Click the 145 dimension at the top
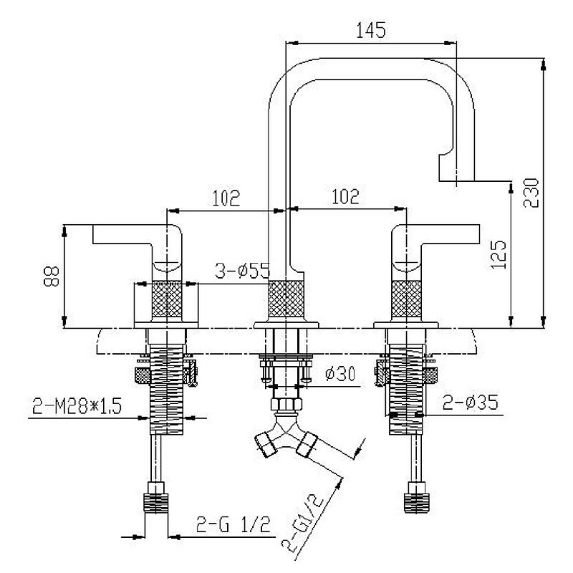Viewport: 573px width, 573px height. click(371, 30)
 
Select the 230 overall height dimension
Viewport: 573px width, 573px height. click(531, 192)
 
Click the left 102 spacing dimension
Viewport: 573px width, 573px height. click(226, 196)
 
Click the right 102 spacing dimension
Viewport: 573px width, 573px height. click(345, 196)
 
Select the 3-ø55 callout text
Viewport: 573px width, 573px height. click(241, 271)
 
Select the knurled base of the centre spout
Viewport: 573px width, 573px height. click(286, 302)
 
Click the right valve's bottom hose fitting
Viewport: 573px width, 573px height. click(415, 497)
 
